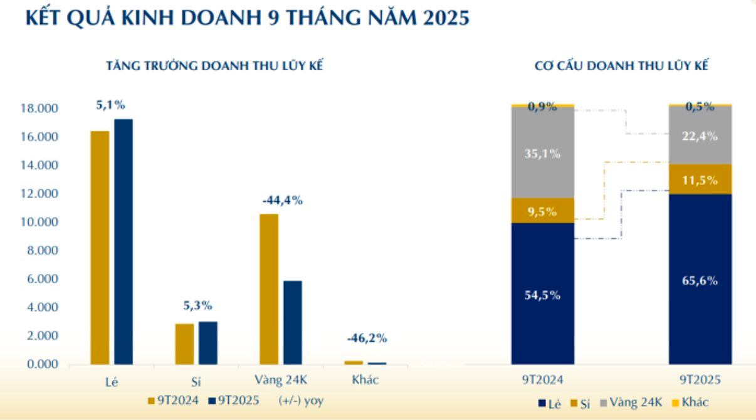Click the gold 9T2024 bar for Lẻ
pos(100,248)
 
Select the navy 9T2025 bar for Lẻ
pos(123,241)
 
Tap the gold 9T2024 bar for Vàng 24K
pos(269,289)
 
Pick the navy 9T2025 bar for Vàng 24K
pos(292,322)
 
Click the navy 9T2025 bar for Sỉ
pos(207,343)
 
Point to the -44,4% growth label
pos(282,201)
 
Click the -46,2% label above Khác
pos(367,339)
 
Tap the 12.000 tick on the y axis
pos(42,194)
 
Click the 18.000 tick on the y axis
pos(42,109)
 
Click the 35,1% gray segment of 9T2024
pos(542,153)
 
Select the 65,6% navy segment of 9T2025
pos(700,280)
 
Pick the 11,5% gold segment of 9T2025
pos(700,179)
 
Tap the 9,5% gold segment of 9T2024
pos(542,211)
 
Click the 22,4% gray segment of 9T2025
pos(700,135)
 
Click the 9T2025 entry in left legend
pos(236,401)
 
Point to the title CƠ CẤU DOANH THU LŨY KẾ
pos(621,65)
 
